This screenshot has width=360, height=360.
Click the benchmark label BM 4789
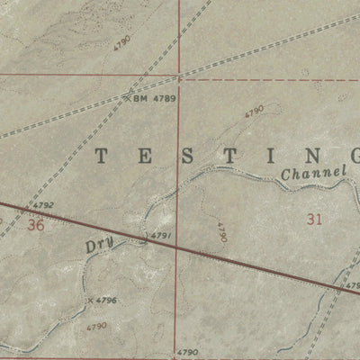click(x=153, y=99)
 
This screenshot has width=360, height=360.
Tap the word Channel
click(x=313, y=172)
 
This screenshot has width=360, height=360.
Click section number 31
click(x=314, y=218)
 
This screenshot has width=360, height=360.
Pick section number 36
click(x=35, y=225)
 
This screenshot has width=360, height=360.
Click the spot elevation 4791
click(x=161, y=236)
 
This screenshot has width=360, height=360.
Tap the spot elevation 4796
click(x=106, y=300)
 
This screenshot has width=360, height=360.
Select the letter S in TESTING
click(x=184, y=155)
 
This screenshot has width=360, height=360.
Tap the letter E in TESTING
click(x=143, y=155)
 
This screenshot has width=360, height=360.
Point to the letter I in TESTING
click(x=267, y=155)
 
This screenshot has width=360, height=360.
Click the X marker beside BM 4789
click(x=127, y=99)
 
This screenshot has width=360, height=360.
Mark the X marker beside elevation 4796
click(x=90, y=300)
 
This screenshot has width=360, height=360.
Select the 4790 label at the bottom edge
click(x=186, y=352)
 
